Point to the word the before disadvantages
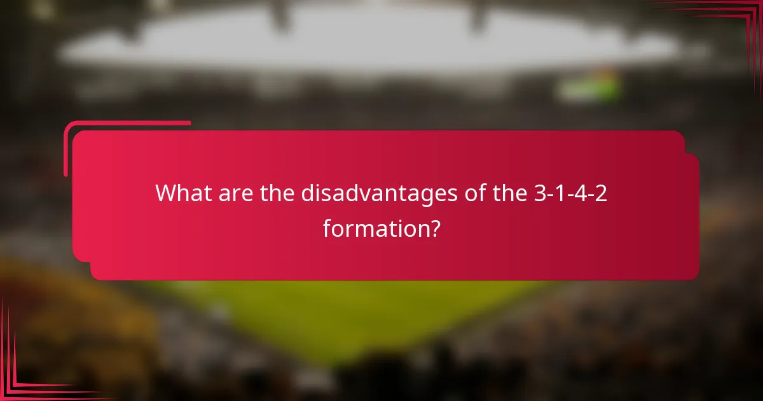(x=277, y=192)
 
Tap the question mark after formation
(x=434, y=227)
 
